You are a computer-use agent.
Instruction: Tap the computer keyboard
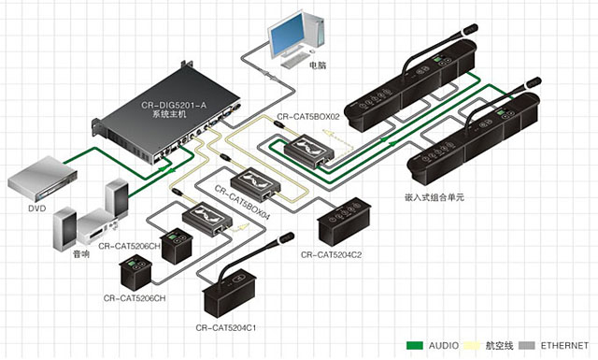pos(295,60)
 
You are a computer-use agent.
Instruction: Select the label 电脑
pos(318,65)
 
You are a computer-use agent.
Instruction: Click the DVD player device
pos(42,179)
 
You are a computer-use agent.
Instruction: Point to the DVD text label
pos(37,209)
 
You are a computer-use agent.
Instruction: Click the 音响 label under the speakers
pos(81,254)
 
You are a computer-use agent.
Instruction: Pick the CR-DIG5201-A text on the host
pos(174,105)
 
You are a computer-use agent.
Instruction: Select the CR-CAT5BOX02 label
pos(308,117)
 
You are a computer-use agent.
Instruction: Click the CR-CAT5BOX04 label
pos(242,203)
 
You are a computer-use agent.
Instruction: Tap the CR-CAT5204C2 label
pos(331,254)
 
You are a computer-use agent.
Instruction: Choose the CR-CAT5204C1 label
pos(226,327)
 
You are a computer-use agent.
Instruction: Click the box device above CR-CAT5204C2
pos(344,221)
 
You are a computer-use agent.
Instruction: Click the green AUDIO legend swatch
pos(415,345)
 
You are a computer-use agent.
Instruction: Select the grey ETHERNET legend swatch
pos(527,345)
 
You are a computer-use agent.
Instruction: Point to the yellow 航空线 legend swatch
pos(472,345)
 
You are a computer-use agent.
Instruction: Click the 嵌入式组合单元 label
pos(434,197)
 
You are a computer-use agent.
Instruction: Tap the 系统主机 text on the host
pos(169,114)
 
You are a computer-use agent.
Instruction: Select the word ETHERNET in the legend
pos(564,345)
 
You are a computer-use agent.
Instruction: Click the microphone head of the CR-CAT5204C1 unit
pos(286,238)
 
